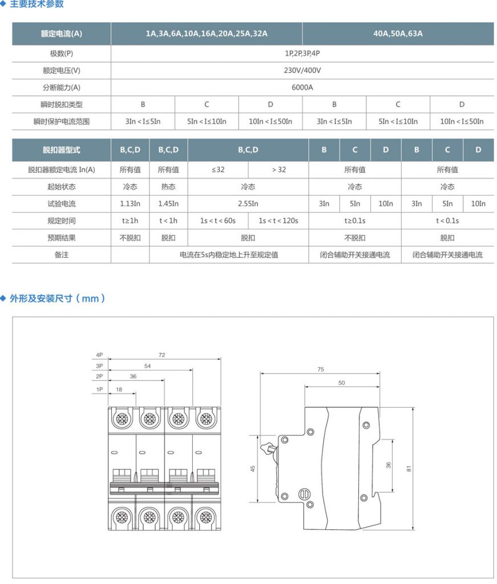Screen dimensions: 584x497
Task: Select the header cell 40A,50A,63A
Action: pyautogui.click(x=398, y=34)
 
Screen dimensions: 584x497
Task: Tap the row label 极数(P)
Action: pyautogui.click(x=62, y=54)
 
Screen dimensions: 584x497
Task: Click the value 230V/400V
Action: pyautogui.click(x=302, y=71)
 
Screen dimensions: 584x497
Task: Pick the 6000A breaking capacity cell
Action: pyautogui.click(x=302, y=88)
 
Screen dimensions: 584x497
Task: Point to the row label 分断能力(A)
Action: pyautogui.click(x=62, y=88)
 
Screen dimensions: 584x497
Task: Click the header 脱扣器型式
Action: pyautogui.click(x=62, y=150)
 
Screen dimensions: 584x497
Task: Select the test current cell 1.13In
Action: pyautogui.click(x=130, y=204)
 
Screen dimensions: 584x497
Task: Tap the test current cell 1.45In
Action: pyautogui.click(x=168, y=204)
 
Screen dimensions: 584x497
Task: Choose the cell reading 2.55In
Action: pyautogui.click(x=248, y=204)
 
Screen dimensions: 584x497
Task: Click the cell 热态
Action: pyautogui.click(x=168, y=186)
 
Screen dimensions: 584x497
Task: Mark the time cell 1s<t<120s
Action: pyautogui.click(x=278, y=221)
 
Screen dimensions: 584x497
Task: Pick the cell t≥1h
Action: pyautogui.click(x=130, y=221)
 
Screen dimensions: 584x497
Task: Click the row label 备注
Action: pyautogui.click(x=62, y=255)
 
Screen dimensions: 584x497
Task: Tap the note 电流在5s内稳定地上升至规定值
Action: pyautogui.click(x=229, y=255)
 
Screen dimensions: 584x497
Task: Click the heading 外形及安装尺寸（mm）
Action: pyautogui.click(x=57, y=298)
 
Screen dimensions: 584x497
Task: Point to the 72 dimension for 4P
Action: pyautogui.click(x=162, y=355)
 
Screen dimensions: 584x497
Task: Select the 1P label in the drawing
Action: pyautogui.click(x=99, y=389)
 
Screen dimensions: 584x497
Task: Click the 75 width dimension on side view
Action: pyautogui.click(x=321, y=370)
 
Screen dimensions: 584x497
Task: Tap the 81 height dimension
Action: pyautogui.click(x=409, y=469)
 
